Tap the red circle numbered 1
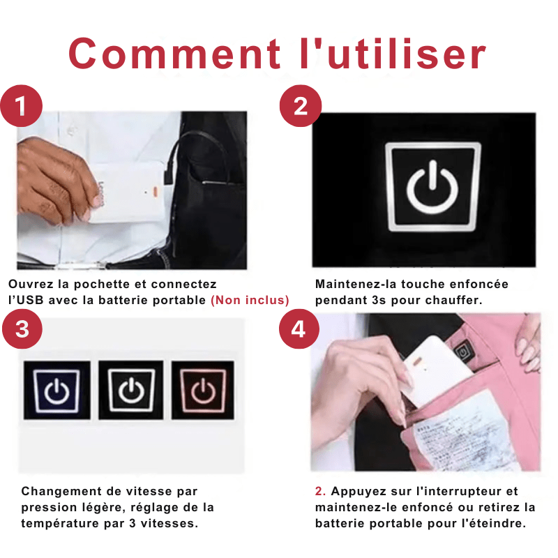[x=22, y=107]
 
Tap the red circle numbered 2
[x=300, y=107]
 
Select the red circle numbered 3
[x=22, y=329]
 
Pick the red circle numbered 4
[x=299, y=329]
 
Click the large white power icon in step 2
[x=432, y=186]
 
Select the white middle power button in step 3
[x=130, y=391]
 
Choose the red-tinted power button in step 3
[x=203, y=391]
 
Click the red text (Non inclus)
[x=250, y=301]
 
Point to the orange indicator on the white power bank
[x=148, y=190]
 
